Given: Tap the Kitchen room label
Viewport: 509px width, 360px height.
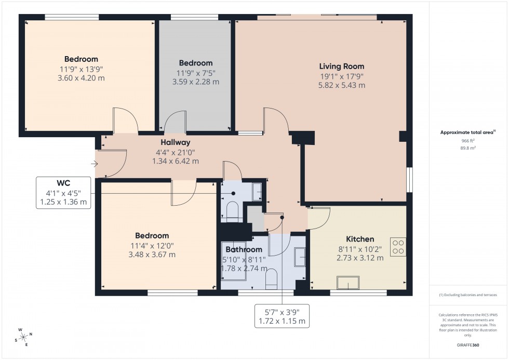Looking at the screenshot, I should coord(360,239).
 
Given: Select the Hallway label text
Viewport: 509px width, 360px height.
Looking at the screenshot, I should coord(175,142).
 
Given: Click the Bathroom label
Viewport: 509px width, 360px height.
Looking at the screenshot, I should coord(244,250).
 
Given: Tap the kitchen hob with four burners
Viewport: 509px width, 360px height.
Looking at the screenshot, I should coord(398,246).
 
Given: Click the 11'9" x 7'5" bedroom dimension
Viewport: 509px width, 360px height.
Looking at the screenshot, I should coord(195,73).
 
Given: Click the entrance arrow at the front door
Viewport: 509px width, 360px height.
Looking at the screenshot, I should coord(93,165).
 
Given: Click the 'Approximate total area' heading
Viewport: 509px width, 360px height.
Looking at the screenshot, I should coord(468,132).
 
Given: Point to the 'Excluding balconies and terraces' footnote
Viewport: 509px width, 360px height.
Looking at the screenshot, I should coord(468,295).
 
